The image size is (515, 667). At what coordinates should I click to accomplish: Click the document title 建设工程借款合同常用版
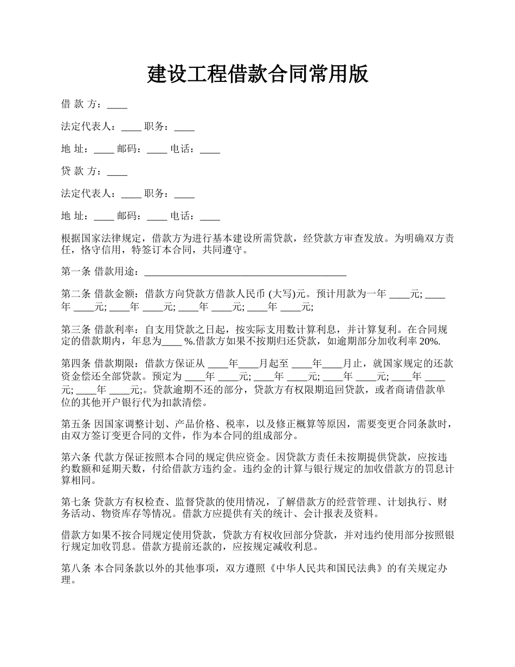click(257, 74)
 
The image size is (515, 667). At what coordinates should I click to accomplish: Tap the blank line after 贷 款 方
click(117, 171)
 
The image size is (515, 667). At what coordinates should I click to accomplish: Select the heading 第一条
click(76, 271)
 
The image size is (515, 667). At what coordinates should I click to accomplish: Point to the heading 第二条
click(76, 294)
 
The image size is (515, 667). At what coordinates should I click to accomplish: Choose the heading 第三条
click(76, 329)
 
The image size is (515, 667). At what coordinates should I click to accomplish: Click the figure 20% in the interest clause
click(429, 342)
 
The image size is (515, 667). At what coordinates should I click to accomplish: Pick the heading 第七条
click(76, 502)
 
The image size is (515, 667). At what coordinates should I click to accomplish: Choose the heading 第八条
click(76, 568)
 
